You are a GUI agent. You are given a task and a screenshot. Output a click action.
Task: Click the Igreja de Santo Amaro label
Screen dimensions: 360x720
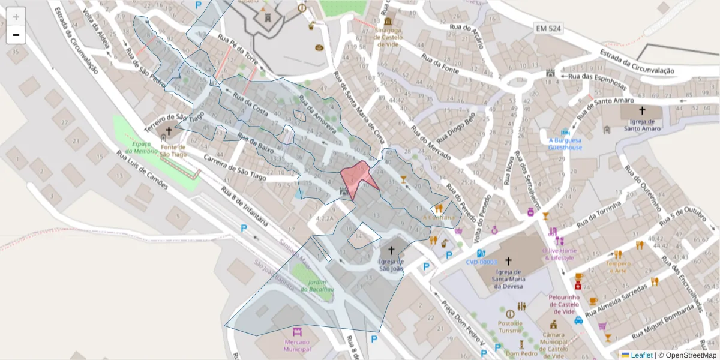(641, 124)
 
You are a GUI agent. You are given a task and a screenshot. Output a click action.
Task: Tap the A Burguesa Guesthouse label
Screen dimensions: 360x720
(565, 144)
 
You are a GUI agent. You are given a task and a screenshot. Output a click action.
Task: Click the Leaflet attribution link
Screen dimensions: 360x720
(641, 355)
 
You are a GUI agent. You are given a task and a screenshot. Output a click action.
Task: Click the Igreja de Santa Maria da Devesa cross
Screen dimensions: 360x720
(508, 261)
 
